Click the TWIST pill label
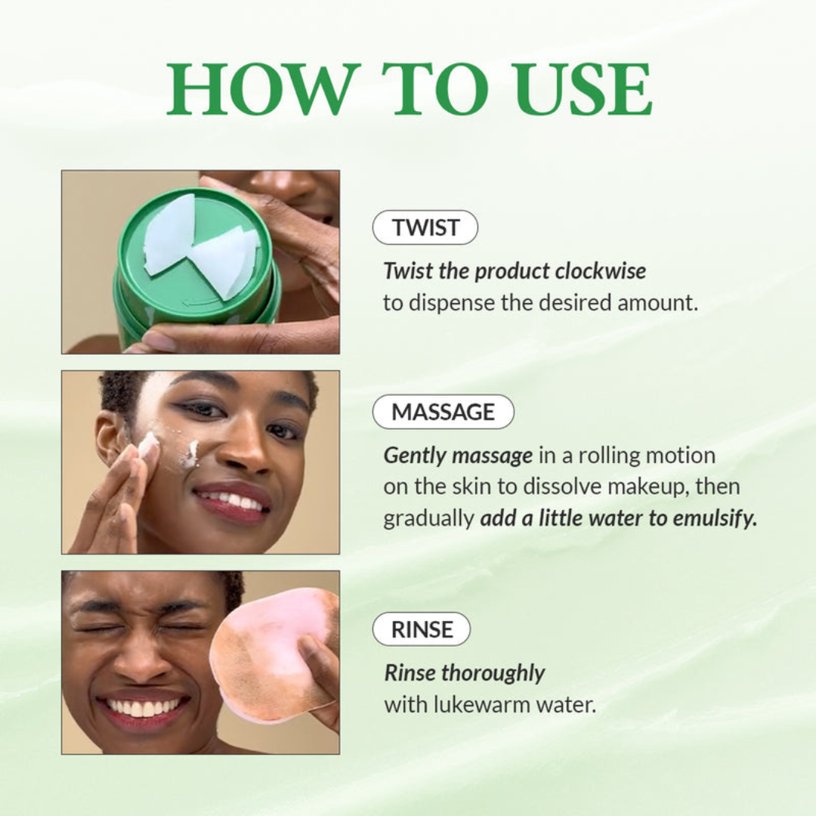coord(425,227)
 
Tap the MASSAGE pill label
coord(443,412)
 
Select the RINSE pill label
coord(422,629)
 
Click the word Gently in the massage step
coord(414,456)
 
